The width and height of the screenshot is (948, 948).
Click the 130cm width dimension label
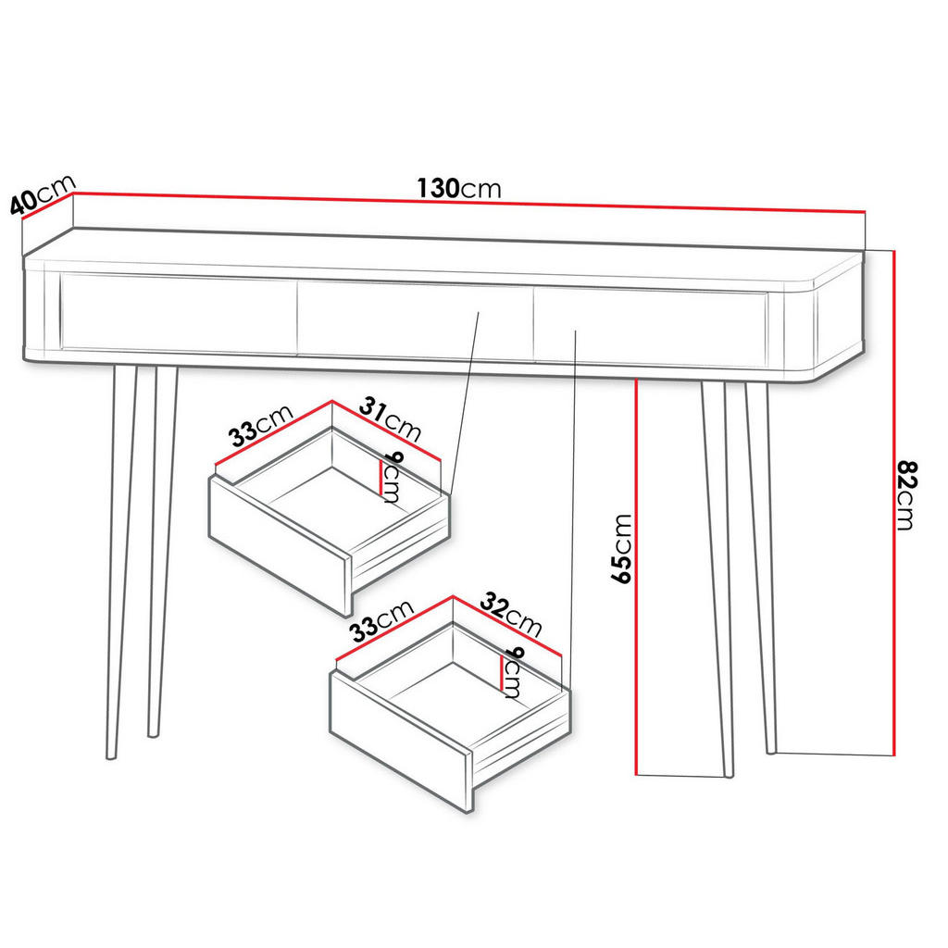click(x=458, y=189)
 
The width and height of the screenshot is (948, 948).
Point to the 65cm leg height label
click(x=621, y=549)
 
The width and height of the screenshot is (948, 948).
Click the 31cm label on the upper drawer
click(x=390, y=418)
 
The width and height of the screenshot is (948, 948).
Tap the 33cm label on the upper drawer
click(x=261, y=429)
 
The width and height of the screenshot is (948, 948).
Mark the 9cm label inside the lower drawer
click(x=512, y=672)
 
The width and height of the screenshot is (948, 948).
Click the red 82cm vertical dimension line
click(x=893, y=500)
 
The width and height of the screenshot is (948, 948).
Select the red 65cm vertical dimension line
click(x=637, y=574)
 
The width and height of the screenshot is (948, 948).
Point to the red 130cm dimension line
click(x=463, y=204)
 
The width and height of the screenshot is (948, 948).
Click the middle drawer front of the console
click(x=414, y=320)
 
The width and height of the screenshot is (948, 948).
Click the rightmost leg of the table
click(x=762, y=555)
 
